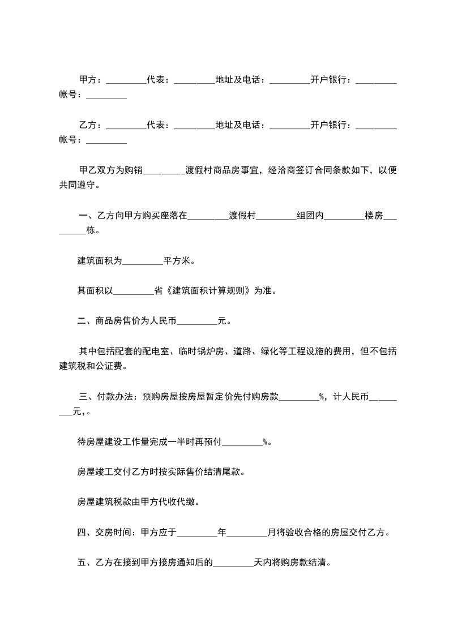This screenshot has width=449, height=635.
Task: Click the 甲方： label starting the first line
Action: coord(90,80)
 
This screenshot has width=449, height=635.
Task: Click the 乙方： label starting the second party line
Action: coord(90,124)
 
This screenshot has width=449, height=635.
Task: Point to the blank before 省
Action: coord(134,292)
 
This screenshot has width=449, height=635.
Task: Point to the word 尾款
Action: coord(234,471)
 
